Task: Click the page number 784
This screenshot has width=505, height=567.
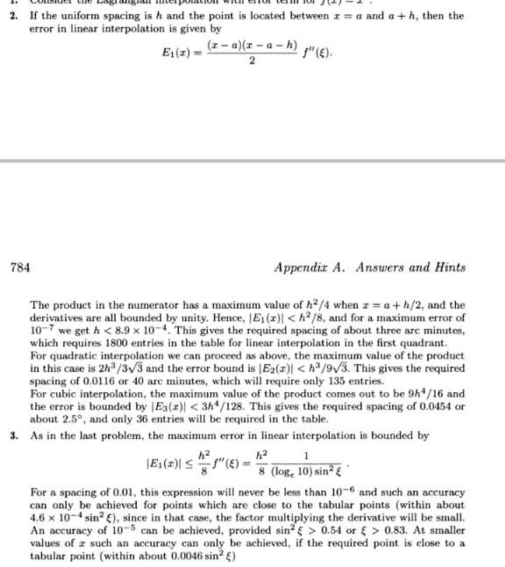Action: pyautogui.click(x=18, y=267)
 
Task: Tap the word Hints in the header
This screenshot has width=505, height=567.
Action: pyautogui.click(x=446, y=267)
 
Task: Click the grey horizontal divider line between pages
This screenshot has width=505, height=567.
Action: pyautogui.click(x=252, y=161)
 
